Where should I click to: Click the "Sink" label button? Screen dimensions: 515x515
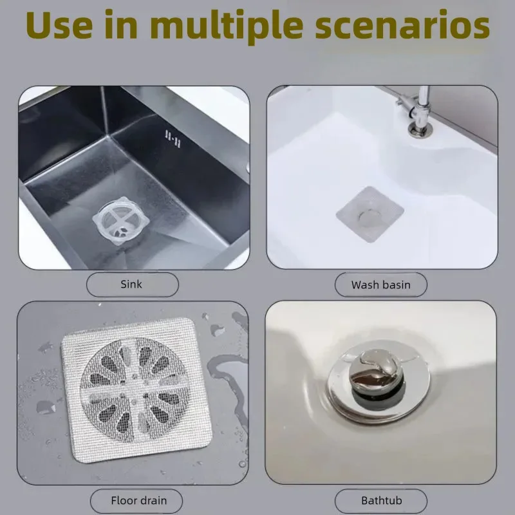pyautogui.click(x=132, y=284)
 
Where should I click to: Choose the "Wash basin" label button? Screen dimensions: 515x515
pyautogui.click(x=380, y=284)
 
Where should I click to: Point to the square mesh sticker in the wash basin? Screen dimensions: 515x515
pyautogui.click(x=370, y=214)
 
